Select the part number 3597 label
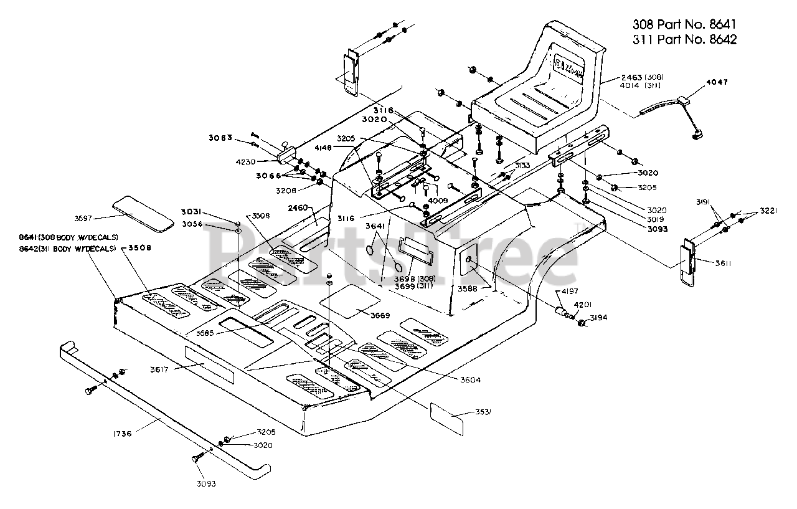[x=84, y=217]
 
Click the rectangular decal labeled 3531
[x=446, y=419]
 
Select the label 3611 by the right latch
[x=722, y=264]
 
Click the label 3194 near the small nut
[x=598, y=317]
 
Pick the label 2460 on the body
[x=298, y=208]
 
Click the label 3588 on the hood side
[x=468, y=288]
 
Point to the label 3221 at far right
[x=768, y=211]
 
